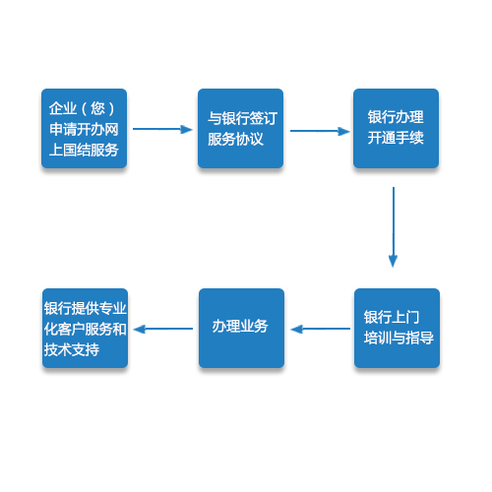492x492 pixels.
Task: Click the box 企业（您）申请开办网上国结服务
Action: (84, 128)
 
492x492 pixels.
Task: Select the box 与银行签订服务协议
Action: (240, 128)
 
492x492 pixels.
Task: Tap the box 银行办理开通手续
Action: (396, 128)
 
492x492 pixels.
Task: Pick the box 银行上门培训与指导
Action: (397, 328)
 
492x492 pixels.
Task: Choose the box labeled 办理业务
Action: (241, 328)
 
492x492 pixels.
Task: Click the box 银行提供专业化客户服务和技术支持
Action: (85, 328)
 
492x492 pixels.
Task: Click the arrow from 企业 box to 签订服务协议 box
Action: (162, 129)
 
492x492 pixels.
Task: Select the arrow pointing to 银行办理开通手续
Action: (320, 131)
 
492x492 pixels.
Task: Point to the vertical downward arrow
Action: (393, 227)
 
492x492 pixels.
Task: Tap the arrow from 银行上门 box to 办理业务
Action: (321, 329)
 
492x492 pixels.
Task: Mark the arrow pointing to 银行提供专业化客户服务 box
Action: (163, 329)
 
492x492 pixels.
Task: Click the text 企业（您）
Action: (83, 108)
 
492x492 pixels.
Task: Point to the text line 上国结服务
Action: (84, 150)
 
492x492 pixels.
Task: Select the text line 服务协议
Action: (235, 139)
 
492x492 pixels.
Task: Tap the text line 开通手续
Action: (396, 138)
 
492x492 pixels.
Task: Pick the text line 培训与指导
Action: (399, 338)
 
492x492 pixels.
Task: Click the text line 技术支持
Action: (72, 349)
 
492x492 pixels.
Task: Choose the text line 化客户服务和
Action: (86, 329)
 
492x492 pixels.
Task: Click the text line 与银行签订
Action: (242, 118)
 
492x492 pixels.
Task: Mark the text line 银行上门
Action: (392, 317)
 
